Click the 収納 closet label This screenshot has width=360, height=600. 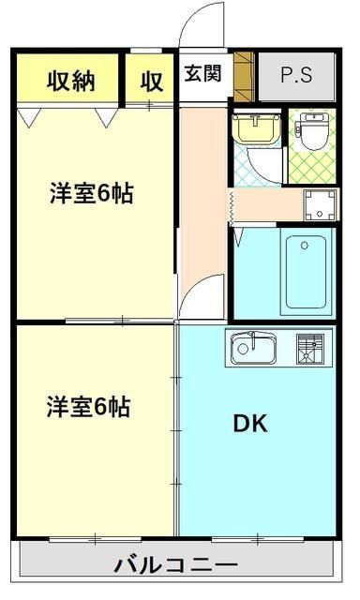point(71,81)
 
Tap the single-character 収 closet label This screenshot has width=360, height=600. point(152,81)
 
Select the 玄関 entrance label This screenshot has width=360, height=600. point(202,73)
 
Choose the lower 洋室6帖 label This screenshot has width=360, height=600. point(90,407)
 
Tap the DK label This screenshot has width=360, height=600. point(250,423)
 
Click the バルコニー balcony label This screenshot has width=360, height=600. point(176,566)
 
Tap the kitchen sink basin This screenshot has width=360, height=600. point(251,350)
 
